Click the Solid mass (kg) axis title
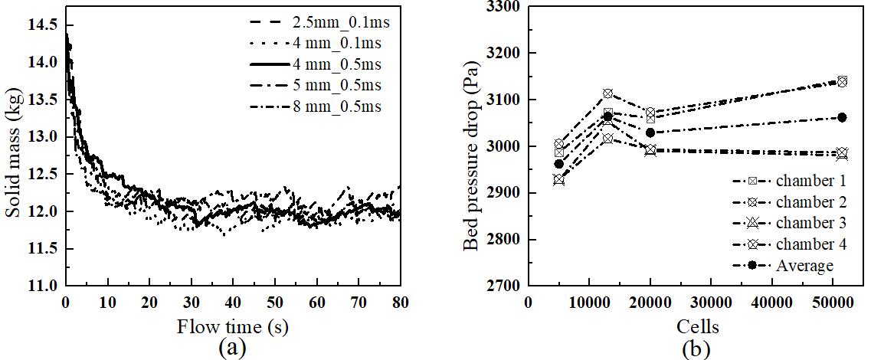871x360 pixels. [x=15, y=149]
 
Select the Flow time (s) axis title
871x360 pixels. [x=231, y=327]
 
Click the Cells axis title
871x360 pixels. [x=698, y=328]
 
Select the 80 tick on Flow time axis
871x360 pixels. [x=400, y=302]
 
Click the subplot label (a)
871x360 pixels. [x=231, y=349]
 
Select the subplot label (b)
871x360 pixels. [x=698, y=349]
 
